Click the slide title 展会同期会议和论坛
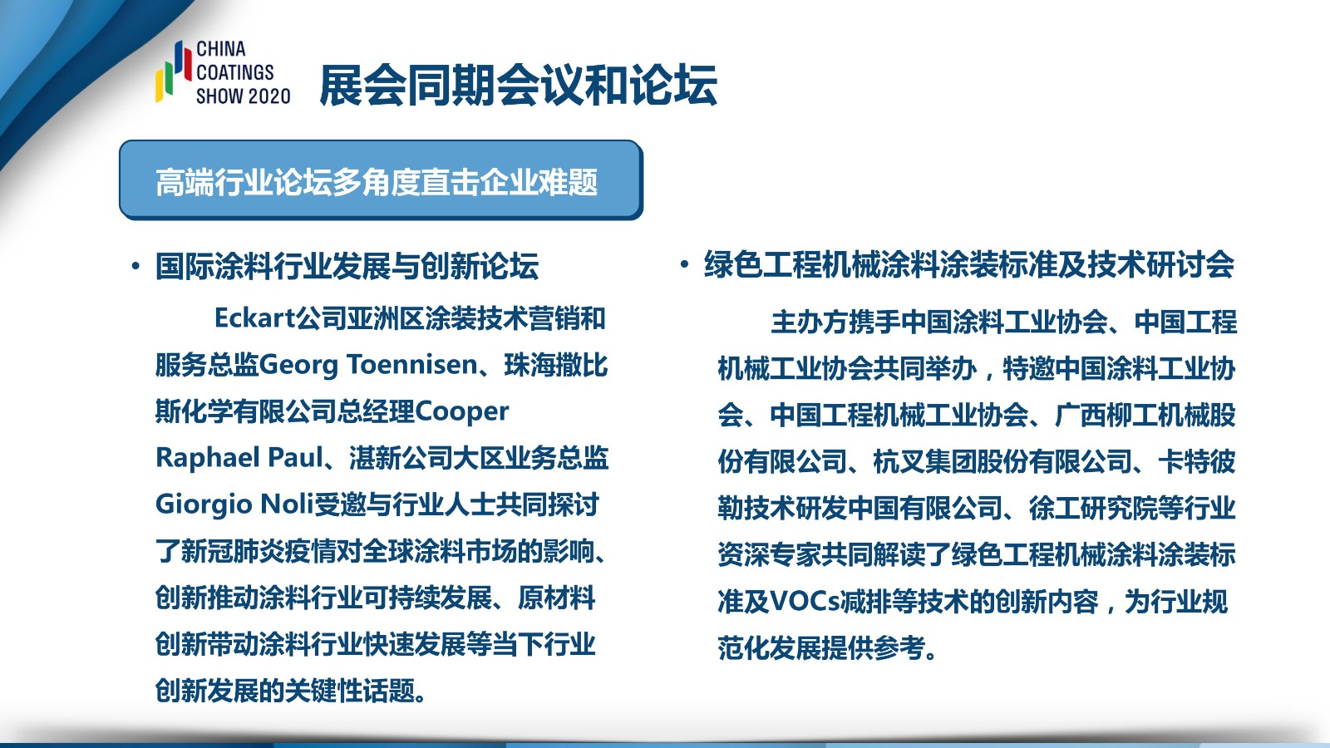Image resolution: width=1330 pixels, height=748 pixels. click(518, 86)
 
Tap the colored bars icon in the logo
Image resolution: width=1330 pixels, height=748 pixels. click(174, 71)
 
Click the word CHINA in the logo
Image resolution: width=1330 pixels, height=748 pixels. click(221, 49)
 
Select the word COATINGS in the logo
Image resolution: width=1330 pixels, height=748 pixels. click(235, 72)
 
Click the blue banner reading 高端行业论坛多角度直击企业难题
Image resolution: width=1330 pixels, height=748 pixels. click(382, 180)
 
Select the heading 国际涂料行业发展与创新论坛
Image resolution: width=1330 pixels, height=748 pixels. click(347, 265)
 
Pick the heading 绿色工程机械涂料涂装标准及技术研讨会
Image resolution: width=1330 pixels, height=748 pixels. click(969, 264)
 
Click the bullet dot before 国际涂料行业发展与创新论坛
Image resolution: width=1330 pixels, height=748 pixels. click(136, 266)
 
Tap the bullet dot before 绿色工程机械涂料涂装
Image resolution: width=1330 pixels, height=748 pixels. click(685, 264)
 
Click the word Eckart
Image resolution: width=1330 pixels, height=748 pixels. click(254, 318)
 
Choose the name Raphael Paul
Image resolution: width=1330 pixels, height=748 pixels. click(239, 458)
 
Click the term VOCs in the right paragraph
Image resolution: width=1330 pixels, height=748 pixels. click(805, 602)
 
